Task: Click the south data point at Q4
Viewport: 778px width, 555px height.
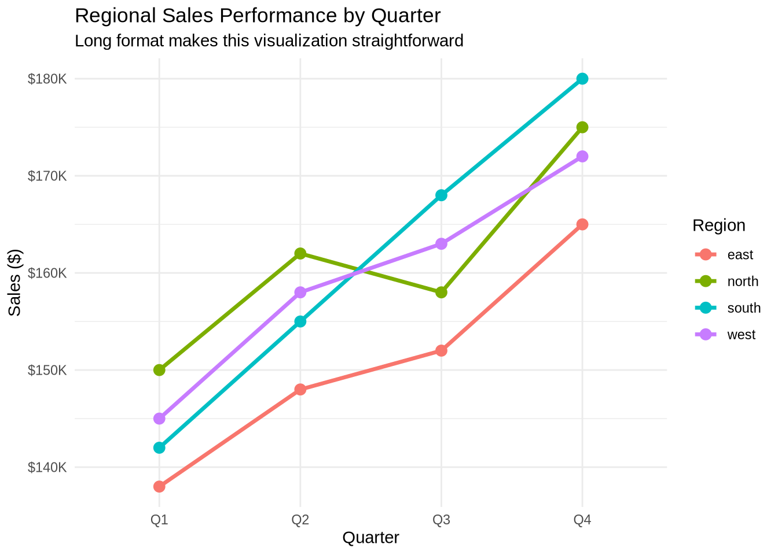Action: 582,79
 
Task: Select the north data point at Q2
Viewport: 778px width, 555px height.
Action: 300,253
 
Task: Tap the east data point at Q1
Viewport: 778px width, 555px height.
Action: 159,487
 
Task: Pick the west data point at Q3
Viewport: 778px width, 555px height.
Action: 441,244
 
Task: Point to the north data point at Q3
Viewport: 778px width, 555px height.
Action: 441,293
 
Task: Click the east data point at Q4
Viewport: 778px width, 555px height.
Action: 582,224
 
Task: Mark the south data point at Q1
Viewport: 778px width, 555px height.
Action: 159,447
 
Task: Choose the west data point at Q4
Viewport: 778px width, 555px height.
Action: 582,157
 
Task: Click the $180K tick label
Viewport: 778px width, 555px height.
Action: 47,79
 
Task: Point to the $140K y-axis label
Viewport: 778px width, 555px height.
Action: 47,467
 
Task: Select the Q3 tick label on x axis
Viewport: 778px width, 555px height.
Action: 441,520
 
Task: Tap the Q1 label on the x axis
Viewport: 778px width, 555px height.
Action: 159,520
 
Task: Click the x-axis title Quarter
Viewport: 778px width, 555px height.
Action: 370,538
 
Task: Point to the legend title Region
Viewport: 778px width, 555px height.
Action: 718,225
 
